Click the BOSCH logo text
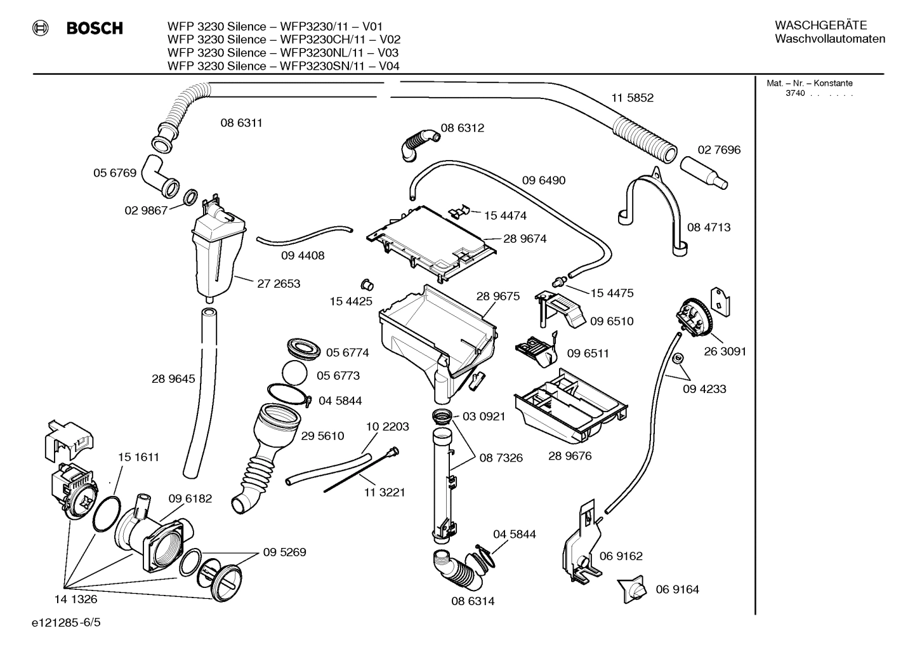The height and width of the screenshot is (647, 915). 94,28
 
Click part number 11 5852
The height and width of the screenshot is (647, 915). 632,98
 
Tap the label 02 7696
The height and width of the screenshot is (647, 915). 719,150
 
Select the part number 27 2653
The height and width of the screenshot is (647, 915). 279,284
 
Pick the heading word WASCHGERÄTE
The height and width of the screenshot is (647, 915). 820,25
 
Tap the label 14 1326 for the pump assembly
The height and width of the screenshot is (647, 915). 76,599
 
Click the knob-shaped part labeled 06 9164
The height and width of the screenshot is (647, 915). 633,589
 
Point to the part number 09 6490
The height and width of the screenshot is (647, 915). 543,180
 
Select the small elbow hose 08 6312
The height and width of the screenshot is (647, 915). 419,143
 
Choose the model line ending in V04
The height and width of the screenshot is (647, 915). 283,66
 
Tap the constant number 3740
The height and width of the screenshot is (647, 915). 794,93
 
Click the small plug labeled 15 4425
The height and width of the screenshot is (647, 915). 365,283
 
